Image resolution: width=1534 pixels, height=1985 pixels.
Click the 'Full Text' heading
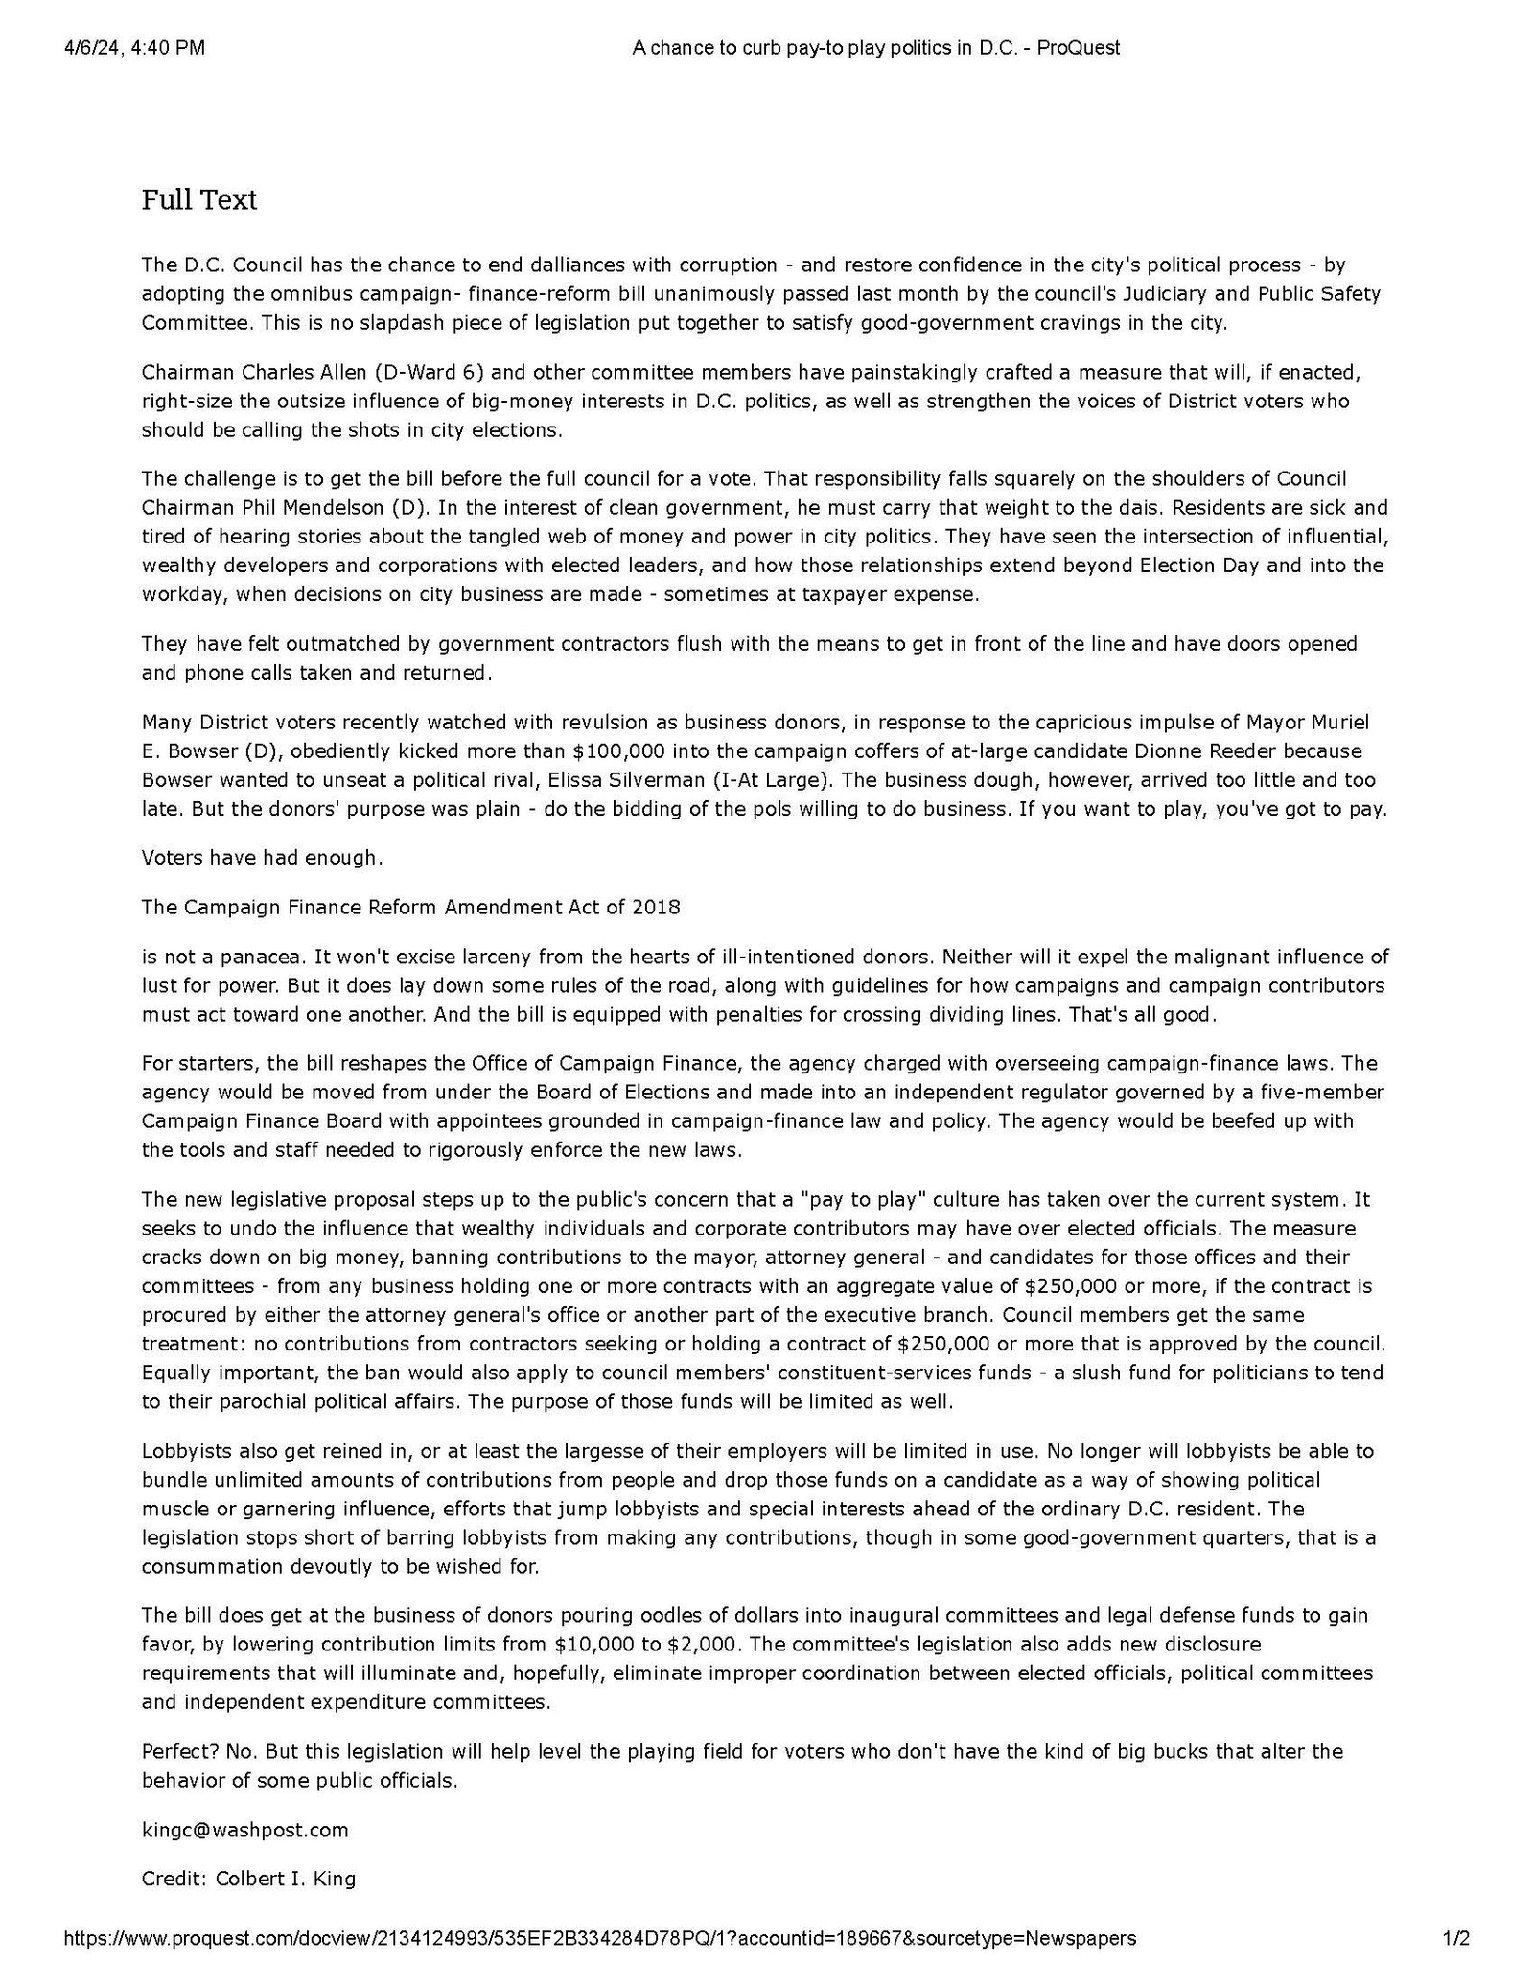(x=199, y=200)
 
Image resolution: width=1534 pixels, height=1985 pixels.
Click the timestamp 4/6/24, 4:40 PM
(x=134, y=48)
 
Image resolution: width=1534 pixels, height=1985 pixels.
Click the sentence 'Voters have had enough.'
(x=262, y=857)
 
